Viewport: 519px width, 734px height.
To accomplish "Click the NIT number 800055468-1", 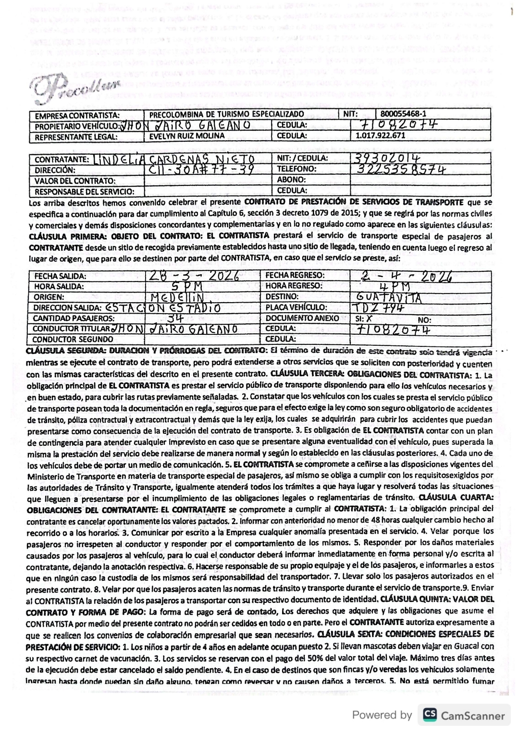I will [403, 114].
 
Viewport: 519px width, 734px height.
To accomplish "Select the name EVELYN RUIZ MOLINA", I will [187, 136].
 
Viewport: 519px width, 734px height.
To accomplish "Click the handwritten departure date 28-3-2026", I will [193, 276].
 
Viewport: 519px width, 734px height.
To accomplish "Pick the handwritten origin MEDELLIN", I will [181, 297].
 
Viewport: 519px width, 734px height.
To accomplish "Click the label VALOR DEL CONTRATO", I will [75, 181].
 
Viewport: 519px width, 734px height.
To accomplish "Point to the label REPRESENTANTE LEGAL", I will [76, 137].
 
